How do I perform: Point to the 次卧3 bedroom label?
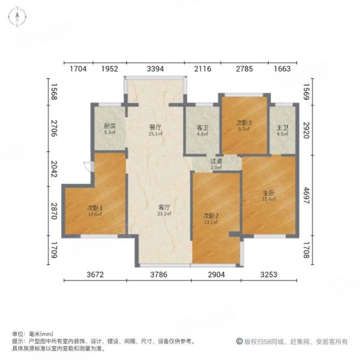[x=244, y=123]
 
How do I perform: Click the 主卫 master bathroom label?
[x=282, y=127]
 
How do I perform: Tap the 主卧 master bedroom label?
[x=268, y=193]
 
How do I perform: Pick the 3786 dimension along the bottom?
[x=162, y=275]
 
